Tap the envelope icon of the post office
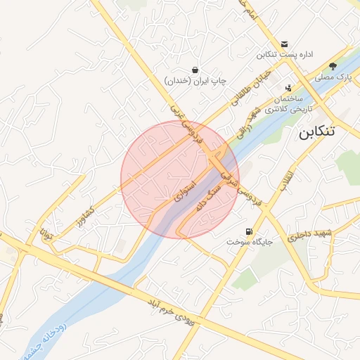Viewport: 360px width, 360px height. [284, 44]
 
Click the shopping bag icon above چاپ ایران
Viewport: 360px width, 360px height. [195, 70]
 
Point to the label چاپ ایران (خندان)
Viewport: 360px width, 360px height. [195, 81]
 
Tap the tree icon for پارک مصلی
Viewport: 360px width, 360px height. [333, 66]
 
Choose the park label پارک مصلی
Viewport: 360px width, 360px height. [333, 77]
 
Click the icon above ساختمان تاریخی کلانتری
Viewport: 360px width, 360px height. [288, 89]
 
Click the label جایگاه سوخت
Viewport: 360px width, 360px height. [244, 242]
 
